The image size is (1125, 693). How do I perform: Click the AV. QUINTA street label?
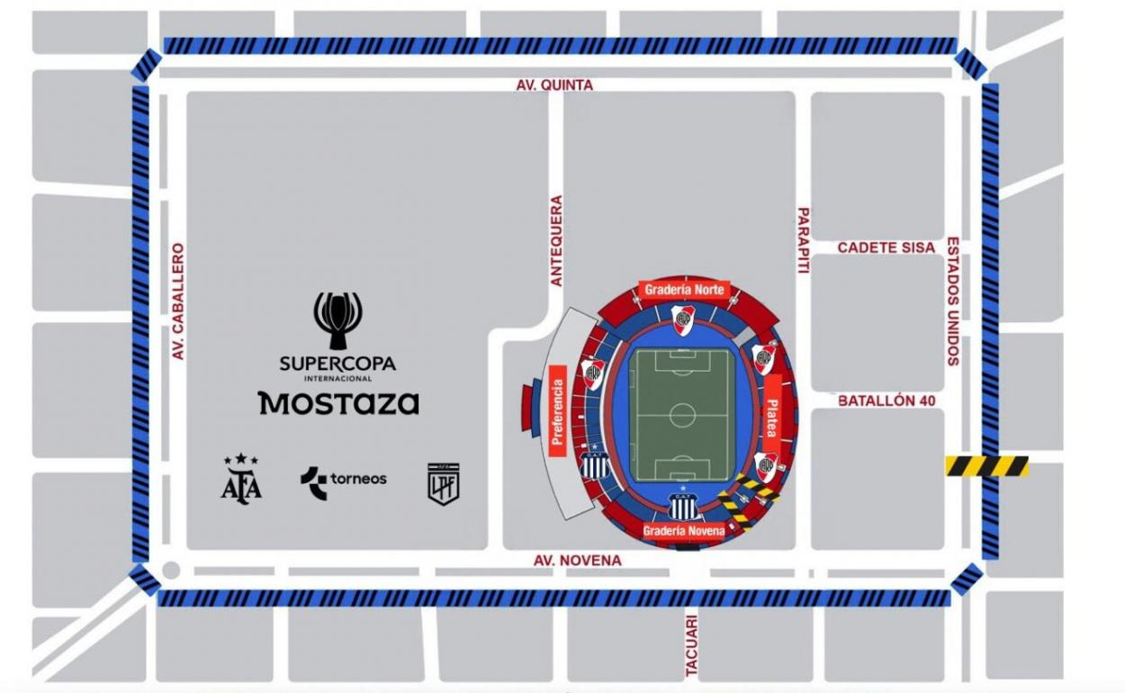(554, 85)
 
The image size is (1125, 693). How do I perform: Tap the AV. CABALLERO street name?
(178, 301)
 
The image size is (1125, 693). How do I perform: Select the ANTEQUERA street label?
(556, 241)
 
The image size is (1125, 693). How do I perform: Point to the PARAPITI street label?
(804, 240)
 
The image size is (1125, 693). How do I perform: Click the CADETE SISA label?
(886, 247)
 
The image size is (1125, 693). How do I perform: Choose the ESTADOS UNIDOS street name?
(952, 301)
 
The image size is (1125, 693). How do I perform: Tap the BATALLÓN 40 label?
(886, 400)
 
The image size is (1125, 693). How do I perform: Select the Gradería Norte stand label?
(684, 290)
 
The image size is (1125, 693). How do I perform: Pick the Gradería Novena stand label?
(684, 531)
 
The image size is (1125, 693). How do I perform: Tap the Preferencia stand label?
(557, 410)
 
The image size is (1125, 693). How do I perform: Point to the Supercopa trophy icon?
(337, 319)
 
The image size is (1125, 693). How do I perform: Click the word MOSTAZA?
(338, 402)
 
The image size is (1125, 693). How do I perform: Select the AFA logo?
(241, 479)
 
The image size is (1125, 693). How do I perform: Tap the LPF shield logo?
(443, 483)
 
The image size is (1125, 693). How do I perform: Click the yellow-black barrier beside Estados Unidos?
(986, 466)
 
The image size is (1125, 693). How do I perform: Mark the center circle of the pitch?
(682, 415)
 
